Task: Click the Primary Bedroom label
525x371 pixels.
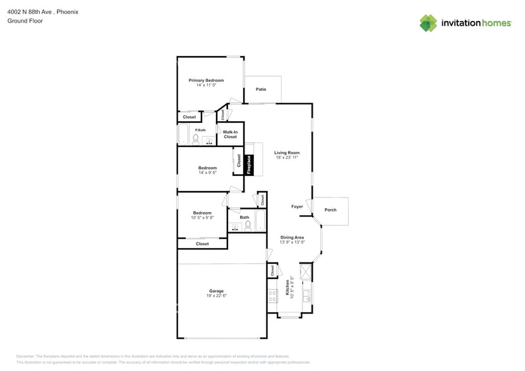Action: coord(206,80)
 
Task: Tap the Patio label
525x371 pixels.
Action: coord(260,90)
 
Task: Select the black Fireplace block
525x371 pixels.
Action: coord(249,165)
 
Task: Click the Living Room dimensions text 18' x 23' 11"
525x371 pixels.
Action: coord(286,158)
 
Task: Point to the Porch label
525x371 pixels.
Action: coord(330,210)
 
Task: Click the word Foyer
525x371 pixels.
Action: coord(297,207)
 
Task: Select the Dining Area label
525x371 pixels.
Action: coord(292,237)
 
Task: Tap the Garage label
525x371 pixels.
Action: coord(216,291)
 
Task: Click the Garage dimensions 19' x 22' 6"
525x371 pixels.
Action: coord(216,296)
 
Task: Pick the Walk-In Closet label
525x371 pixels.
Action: coord(230,134)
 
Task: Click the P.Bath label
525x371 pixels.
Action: coord(200,130)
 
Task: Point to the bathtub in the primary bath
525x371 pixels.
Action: coord(183,135)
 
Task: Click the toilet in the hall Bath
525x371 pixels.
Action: coord(248,225)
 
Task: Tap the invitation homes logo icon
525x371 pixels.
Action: coord(428,23)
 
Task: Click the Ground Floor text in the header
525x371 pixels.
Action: coord(24,21)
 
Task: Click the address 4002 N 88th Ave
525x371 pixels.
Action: coord(29,11)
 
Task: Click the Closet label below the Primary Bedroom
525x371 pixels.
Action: coord(189,117)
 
